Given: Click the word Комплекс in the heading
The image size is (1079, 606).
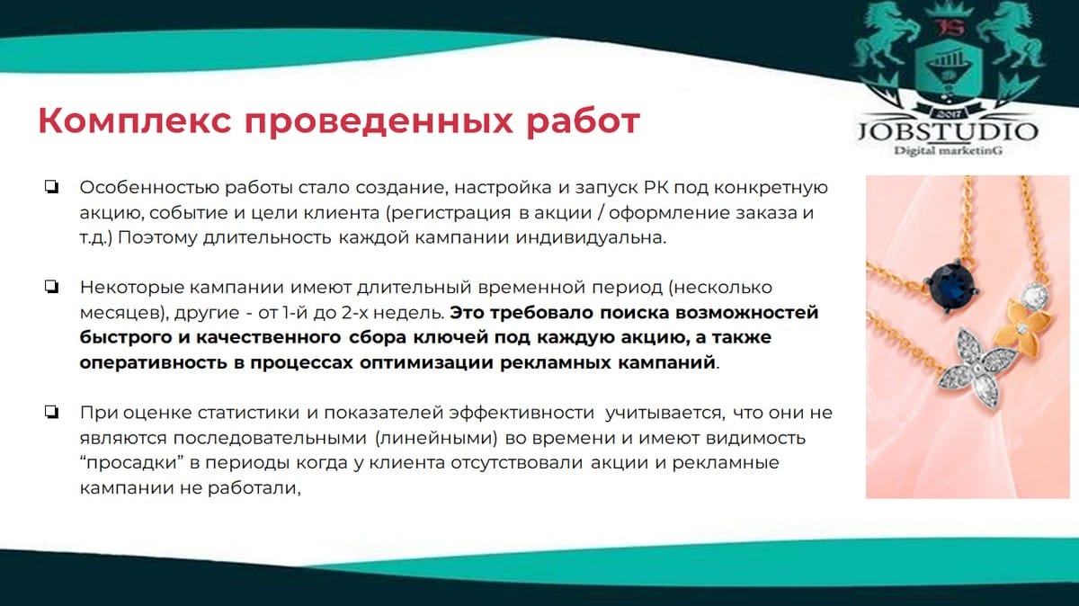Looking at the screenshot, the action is tap(135, 121).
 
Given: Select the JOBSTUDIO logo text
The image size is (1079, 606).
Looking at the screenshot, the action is tap(948, 131).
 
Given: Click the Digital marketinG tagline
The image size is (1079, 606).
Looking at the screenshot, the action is tap(949, 151).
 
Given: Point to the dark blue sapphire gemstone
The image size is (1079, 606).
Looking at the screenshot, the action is tap(951, 286).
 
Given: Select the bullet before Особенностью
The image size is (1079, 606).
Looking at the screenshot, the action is tap(51, 187).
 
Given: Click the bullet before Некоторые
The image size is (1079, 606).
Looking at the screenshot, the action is tap(51, 287).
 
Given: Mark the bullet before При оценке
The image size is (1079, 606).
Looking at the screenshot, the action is tap(51, 412).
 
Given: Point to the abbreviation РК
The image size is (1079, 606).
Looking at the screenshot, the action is tap(655, 187).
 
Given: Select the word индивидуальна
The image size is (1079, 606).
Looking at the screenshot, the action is tap(591, 237).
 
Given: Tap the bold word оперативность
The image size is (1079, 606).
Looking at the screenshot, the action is tap(153, 362).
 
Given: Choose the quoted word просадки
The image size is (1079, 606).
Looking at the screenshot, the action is tap(133, 463).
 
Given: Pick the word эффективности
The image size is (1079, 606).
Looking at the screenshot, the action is tap(522, 413).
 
